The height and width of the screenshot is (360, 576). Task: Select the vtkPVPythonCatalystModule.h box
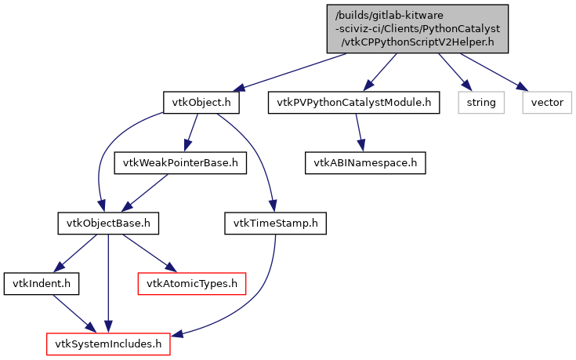pos(353,103)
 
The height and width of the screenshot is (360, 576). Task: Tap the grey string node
pos(481,103)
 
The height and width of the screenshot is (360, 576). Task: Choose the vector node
pos(547,103)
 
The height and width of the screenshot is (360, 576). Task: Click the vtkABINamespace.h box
pos(364,163)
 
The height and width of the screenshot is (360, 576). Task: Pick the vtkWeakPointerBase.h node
pos(180,163)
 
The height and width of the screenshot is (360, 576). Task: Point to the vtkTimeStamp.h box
pos(274,224)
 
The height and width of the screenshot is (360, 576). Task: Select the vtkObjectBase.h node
pos(108,224)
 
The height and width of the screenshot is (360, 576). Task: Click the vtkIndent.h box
pos(32,282)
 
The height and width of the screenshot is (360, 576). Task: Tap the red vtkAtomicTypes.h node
pos(192,282)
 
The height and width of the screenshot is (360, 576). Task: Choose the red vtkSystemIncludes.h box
pos(108,343)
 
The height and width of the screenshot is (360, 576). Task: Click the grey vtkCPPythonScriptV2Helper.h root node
pos(417,29)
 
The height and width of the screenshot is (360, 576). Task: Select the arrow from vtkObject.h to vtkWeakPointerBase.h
pos(190,133)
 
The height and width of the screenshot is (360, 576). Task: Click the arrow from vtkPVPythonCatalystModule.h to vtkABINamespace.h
pos(358,133)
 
